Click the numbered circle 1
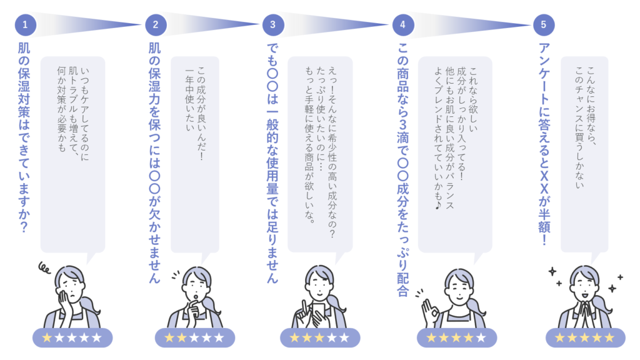tap(25, 25)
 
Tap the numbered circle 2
tap(156, 25)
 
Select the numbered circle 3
tap(273, 25)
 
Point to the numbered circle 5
tap(544, 25)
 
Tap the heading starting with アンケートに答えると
tap(544, 144)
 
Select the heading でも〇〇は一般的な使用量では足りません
tap(272, 162)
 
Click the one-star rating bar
tap(72, 338)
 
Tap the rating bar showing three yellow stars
tap(319, 338)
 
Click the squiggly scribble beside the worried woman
tap(44, 268)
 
